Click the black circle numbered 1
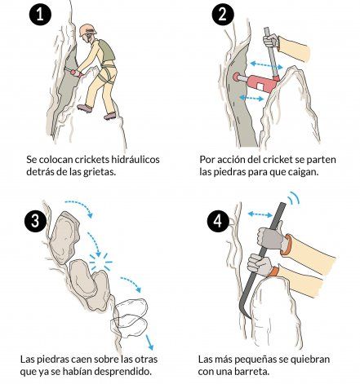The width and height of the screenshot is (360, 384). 40,15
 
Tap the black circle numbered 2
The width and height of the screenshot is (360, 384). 223,15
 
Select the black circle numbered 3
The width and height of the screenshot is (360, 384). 35,220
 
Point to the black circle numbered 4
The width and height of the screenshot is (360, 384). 218,221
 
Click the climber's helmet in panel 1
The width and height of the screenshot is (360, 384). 87,30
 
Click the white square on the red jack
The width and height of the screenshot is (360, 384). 260,87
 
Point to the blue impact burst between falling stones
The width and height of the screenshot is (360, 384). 100,262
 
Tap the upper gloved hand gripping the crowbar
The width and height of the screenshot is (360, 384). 272,237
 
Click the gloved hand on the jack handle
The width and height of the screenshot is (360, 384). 271,41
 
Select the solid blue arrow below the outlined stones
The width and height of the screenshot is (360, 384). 149,342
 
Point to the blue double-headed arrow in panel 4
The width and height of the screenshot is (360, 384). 260,214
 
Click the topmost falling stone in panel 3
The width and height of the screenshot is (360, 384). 64,237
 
